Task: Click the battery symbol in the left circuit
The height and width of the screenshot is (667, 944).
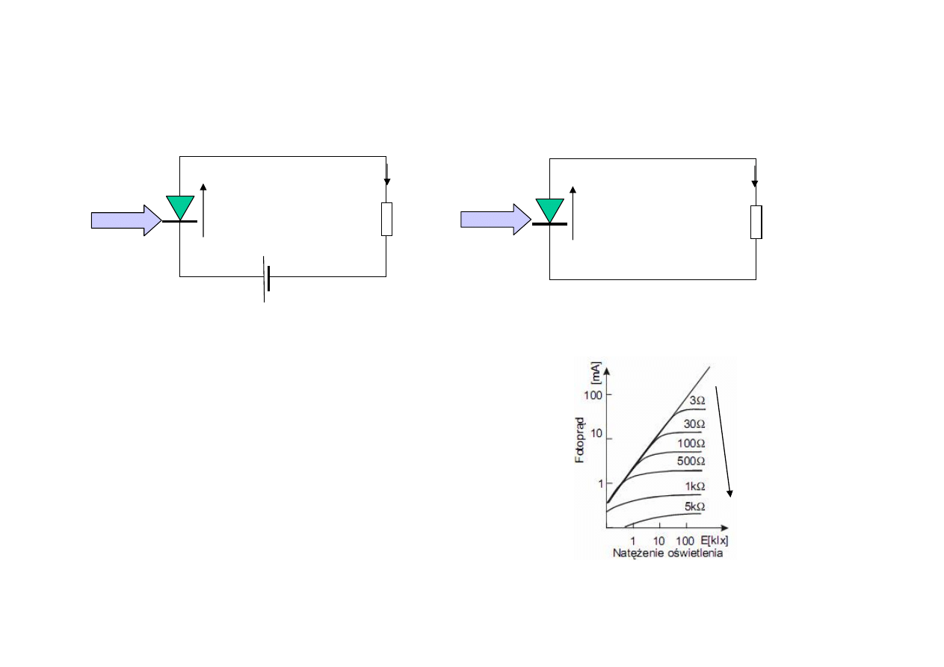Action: pyautogui.click(x=266, y=279)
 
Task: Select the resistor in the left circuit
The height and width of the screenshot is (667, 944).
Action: pyautogui.click(x=386, y=219)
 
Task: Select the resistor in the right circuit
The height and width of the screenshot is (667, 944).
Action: pyautogui.click(x=756, y=223)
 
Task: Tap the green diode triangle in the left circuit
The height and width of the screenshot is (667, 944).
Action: pyautogui.click(x=180, y=207)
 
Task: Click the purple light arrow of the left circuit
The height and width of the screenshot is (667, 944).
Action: pyautogui.click(x=126, y=220)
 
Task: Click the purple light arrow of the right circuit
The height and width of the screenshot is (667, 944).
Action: pyautogui.click(x=496, y=220)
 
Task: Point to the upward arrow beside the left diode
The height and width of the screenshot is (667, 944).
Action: pyautogui.click(x=203, y=211)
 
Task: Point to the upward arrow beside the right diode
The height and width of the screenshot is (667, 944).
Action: pyautogui.click(x=573, y=213)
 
